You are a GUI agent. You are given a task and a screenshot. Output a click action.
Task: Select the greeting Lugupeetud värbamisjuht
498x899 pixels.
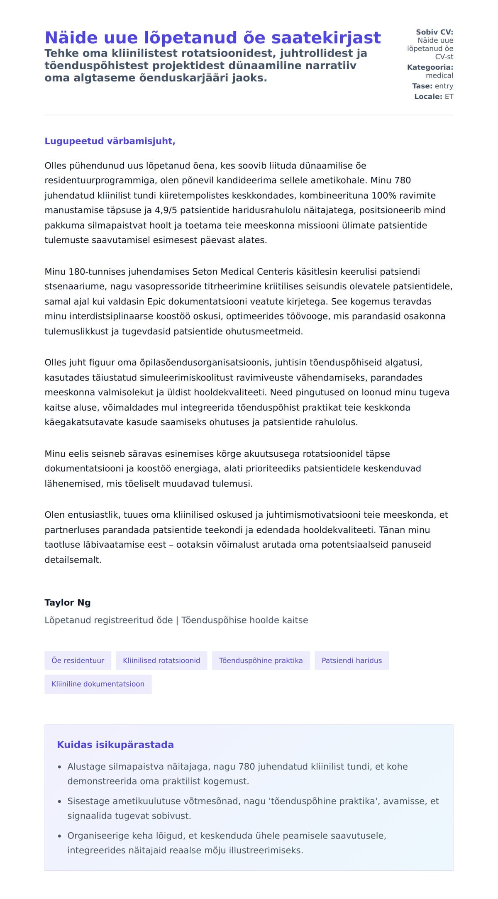pyautogui.click(x=110, y=141)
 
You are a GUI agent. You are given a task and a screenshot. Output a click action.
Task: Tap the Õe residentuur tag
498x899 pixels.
pyautogui.click(x=78, y=660)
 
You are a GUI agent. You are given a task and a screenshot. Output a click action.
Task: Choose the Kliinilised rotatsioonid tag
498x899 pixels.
pyautogui.click(x=161, y=660)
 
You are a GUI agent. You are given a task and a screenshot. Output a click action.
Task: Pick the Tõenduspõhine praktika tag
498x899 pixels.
pyautogui.click(x=261, y=660)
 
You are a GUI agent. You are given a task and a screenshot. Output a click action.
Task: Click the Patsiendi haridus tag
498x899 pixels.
pyautogui.click(x=352, y=660)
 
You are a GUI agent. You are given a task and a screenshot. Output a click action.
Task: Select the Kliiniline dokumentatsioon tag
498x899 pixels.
pyautogui.click(x=98, y=684)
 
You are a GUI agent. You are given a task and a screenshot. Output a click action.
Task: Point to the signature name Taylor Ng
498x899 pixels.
pyautogui.click(x=68, y=602)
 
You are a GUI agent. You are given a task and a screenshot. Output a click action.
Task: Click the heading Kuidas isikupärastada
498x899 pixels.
pyautogui.click(x=115, y=745)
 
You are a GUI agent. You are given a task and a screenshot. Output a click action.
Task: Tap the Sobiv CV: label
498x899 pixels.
pyautogui.click(x=435, y=32)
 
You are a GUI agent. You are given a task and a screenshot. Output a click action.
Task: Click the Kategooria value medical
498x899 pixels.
pyautogui.click(x=439, y=76)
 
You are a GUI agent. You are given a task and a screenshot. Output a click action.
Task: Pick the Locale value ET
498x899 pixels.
pyautogui.click(x=449, y=97)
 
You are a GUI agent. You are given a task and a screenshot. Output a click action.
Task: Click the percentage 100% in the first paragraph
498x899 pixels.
pyautogui.click(x=384, y=195)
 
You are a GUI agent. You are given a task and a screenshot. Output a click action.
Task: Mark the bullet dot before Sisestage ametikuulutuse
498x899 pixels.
pyautogui.click(x=60, y=802)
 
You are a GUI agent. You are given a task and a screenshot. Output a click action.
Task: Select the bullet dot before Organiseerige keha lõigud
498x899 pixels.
pyautogui.click(x=60, y=836)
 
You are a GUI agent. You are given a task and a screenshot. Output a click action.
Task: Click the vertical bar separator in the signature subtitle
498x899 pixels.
pyautogui.click(x=177, y=620)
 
